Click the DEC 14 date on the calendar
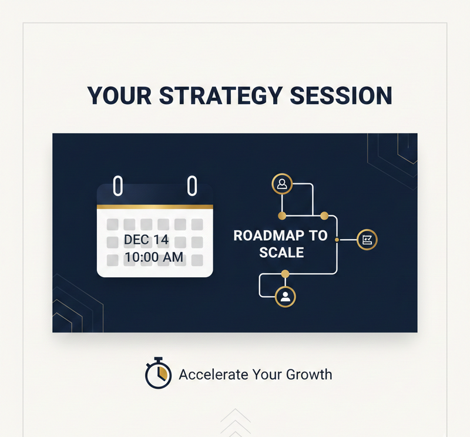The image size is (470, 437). click(x=146, y=240)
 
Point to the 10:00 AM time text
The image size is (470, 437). click(x=154, y=257)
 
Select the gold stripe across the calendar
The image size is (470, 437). click(x=155, y=207)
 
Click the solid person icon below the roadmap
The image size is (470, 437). click(x=286, y=296)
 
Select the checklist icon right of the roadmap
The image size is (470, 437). click(x=367, y=240)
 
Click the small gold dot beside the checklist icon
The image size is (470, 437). click(x=337, y=240)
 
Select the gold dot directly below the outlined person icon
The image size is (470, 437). click(x=282, y=214)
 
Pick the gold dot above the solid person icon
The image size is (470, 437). click(x=286, y=273)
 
